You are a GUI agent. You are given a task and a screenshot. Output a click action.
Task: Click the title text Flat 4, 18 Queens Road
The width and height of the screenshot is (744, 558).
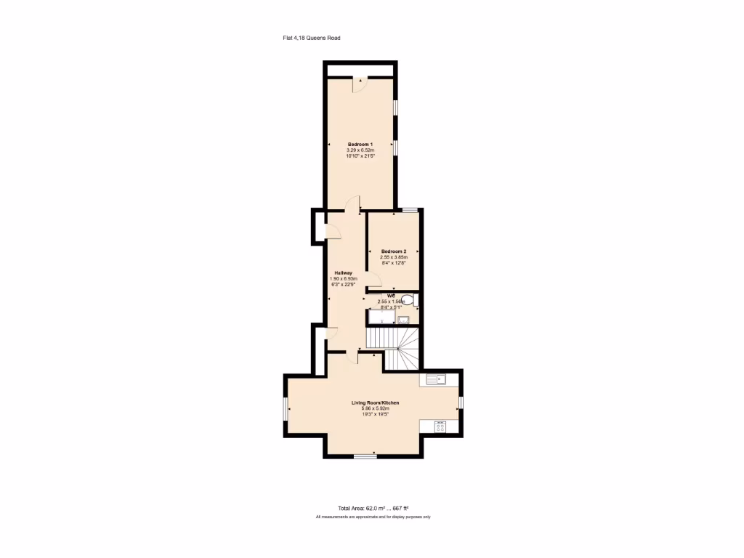tap(312, 39)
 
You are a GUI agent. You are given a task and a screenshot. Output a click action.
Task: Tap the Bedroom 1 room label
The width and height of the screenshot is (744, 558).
tap(360, 144)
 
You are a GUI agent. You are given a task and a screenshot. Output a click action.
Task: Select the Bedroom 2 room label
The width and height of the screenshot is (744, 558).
tap(394, 251)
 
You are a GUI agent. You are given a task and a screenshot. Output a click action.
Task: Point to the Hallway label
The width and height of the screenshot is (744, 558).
tap(344, 272)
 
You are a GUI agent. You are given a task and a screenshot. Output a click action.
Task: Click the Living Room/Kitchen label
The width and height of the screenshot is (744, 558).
tap(376, 403)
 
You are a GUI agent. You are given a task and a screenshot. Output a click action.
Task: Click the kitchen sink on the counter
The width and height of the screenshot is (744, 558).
tap(438, 379)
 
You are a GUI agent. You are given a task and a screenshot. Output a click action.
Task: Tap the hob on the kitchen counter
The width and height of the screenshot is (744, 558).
tap(440, 426)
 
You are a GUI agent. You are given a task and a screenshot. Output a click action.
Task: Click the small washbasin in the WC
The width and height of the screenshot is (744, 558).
tap(404, 318)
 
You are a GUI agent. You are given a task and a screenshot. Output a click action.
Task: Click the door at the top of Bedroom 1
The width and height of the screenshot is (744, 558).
tap(360, 85)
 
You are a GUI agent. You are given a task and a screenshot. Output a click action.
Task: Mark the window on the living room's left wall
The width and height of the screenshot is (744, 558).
tap(285, 409)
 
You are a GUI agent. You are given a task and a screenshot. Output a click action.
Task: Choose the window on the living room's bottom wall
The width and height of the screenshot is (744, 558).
tap(365, 456)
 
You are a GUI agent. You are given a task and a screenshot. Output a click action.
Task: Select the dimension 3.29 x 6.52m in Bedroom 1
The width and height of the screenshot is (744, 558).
tap(360, 150)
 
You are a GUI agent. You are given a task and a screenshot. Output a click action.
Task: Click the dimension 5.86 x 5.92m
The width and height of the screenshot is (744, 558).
tap(376, 408)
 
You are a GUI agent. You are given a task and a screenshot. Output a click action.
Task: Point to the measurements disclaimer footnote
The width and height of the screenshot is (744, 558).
tap(373, 517)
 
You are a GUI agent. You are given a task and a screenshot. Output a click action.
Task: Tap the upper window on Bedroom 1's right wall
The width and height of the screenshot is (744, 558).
tap(396, 107)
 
